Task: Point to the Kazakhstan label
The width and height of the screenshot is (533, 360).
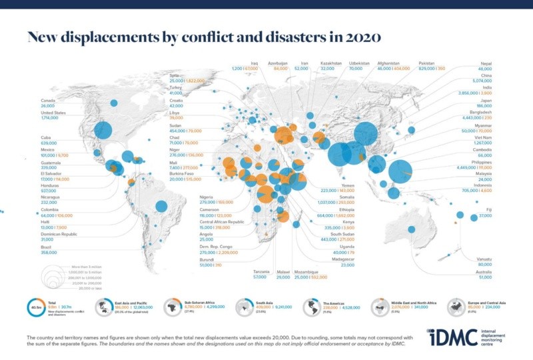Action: (x=330, y=62)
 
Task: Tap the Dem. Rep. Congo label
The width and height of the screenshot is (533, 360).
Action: (x=216, y=248)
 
